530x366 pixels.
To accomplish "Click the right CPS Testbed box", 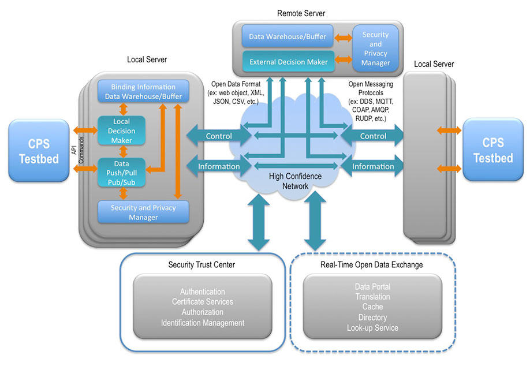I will click(492, 150).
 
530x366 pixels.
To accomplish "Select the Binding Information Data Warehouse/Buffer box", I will click(143, 92).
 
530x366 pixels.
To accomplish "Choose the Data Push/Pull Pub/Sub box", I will click(121, 172).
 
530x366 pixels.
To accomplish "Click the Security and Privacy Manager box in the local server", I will click(143, 212).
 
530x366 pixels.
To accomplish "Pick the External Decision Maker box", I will click(288, 62).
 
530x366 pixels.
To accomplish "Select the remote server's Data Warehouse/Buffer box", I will click(288, 37).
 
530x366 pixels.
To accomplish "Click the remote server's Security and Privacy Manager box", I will click(375, 48).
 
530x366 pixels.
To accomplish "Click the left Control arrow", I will click(218, 136).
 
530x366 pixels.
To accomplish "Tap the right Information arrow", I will click(373, 166).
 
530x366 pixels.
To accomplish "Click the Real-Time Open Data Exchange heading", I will click(371, 264).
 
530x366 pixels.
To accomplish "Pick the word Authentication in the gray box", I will click(202, 292).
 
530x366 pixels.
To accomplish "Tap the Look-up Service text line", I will click(372, 328).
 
